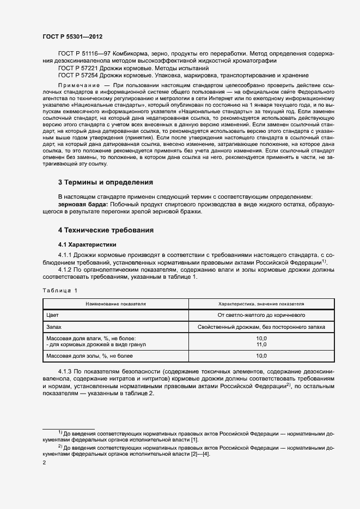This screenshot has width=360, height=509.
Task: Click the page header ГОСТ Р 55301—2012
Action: pyautogui.click(x=72, y=36)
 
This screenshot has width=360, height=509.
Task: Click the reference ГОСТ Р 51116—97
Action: pyautogui.click(x=82, y=54)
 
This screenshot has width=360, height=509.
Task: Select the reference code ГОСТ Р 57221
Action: pyautogui.click(x=77, y=69)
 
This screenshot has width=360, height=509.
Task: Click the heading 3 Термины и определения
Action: pyautogui.click(x=105, y=182)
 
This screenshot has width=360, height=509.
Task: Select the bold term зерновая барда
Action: pyautogui.click(x=82, y=204)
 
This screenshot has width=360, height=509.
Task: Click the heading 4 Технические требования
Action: pyautogui.click(x=106, y=230)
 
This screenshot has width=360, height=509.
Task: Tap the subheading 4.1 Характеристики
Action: pyautogui.click(x=87, y=244)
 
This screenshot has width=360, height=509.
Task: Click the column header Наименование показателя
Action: pyautogui.click(x=115, y=304)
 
